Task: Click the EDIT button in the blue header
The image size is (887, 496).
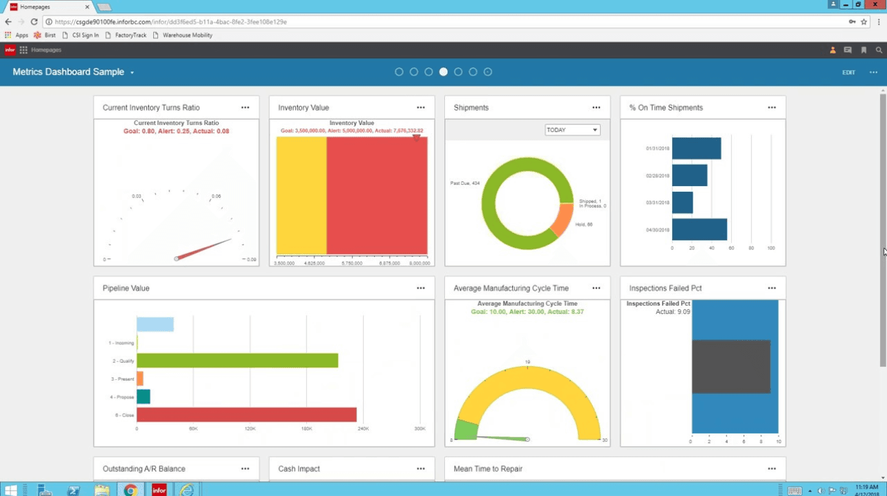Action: point(849,72)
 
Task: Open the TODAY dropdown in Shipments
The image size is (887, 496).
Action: point(572,130)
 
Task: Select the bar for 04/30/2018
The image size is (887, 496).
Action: point(699,229)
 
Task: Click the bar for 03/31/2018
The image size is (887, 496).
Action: point(682,203)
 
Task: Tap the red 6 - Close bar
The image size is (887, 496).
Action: point(246,415)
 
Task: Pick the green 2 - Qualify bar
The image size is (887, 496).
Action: point(237,361)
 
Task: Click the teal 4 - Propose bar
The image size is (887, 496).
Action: point(143,396)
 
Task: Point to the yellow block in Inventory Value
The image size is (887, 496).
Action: point(301,196)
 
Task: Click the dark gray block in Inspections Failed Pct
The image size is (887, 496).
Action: point(730,367)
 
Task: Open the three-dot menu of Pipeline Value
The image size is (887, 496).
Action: point(420,289)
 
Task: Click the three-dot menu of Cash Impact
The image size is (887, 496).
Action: point(420,469)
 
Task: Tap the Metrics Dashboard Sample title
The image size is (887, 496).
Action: point(69,72)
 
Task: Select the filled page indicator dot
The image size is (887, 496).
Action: point(444,72)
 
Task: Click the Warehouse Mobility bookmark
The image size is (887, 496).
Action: point(187,35)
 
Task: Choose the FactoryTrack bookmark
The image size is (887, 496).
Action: point(130,35)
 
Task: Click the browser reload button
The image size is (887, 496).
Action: point(34,22)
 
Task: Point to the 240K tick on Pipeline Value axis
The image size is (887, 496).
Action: point(363,429)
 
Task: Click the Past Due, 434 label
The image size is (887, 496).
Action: point(465,183)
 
